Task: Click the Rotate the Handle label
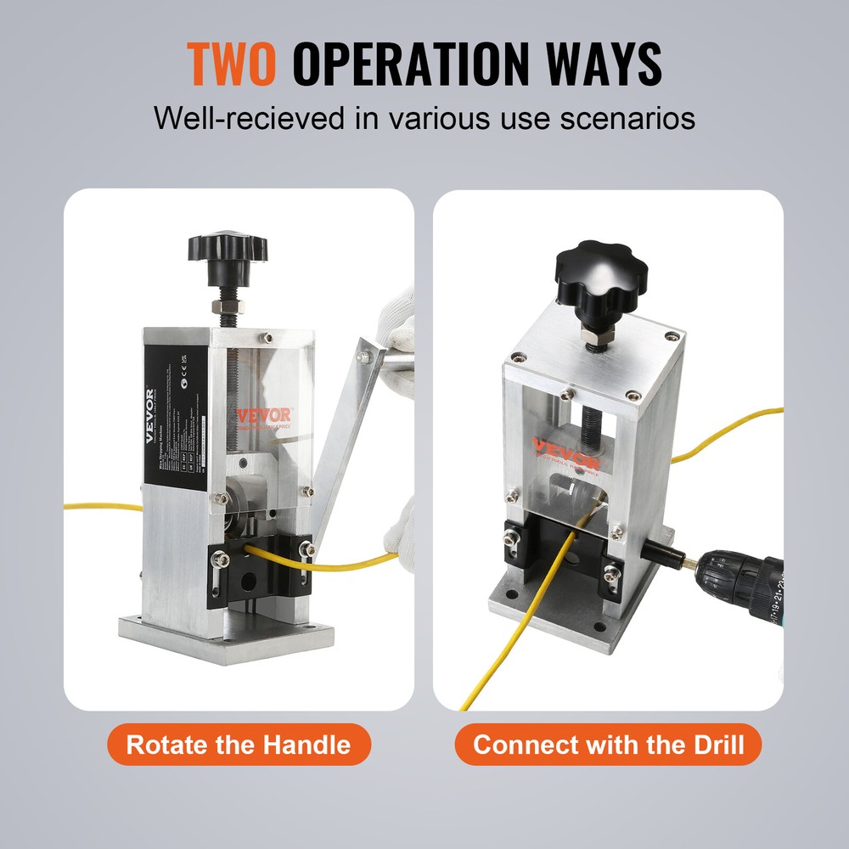point(238,745)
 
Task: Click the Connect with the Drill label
point(608,745)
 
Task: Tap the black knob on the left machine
point(227,248)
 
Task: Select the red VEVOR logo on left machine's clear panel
point(263,416)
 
